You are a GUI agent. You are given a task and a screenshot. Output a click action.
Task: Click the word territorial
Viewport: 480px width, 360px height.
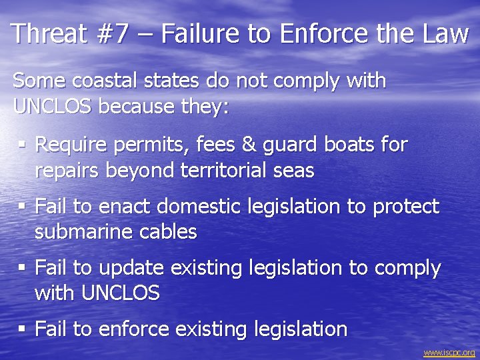(227, 170)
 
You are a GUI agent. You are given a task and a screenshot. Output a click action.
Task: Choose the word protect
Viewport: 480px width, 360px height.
(405, 207)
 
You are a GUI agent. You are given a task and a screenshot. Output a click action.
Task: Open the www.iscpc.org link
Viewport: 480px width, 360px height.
(449, 352)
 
